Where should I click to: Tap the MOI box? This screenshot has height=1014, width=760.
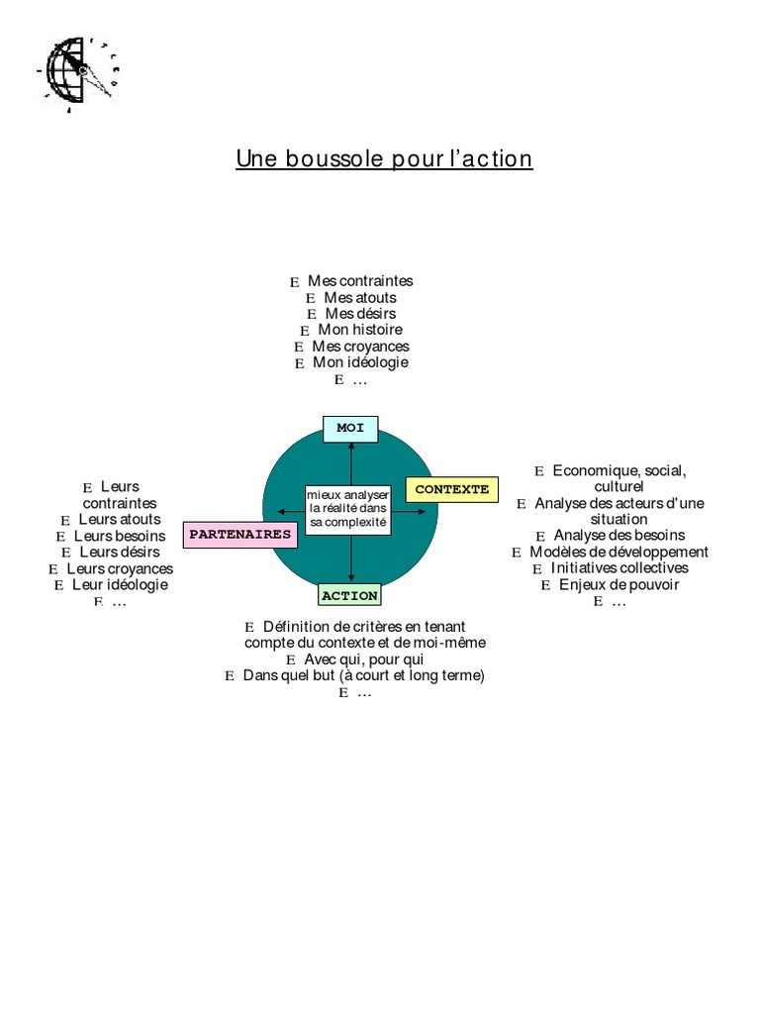coord(350,429)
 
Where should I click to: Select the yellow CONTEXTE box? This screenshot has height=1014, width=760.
coord(452,490)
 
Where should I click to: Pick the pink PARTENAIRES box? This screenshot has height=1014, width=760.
coord(240,535)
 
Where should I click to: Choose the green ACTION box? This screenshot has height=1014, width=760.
coord(349,596)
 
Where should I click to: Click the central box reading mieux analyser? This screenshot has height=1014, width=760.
coord(348,508)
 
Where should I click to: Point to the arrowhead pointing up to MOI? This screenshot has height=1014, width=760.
coord(350,447)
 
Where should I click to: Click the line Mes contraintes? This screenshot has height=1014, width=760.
coord(360,281)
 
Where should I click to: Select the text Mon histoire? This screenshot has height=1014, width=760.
coord(360,330)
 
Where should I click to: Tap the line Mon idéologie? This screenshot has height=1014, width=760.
coord(360,362)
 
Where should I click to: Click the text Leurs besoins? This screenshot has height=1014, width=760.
coord(120,536)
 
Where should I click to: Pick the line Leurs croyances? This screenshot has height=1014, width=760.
coord(120,568)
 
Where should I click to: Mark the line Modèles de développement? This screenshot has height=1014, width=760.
coord(618,552)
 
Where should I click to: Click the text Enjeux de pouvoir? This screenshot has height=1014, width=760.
coord(619,584)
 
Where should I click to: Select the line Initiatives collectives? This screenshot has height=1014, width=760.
coord(619,568)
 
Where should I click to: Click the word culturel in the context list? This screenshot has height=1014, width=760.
coord(619,487)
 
